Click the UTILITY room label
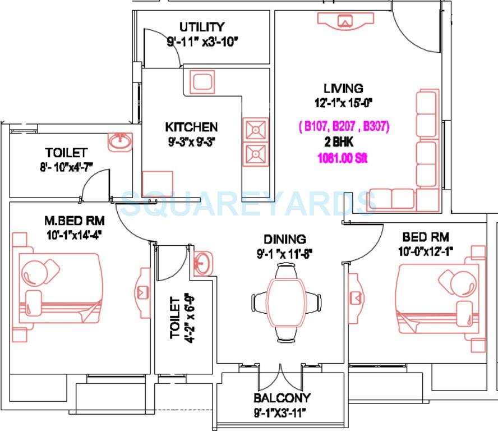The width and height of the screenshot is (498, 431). [202, 27]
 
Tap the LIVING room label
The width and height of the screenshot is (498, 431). [343, 88]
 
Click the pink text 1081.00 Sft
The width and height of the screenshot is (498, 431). [343, 159]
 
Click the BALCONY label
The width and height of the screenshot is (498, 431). [282, 398]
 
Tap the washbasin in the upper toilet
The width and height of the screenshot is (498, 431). [119, 142]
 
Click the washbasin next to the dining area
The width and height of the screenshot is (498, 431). [203, 263]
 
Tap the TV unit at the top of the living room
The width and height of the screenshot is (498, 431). [345, 20]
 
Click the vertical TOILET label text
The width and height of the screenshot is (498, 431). [175, 318]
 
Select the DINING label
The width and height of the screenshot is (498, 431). [285, 239]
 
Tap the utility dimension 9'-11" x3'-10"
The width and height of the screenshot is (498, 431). [202, 41]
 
